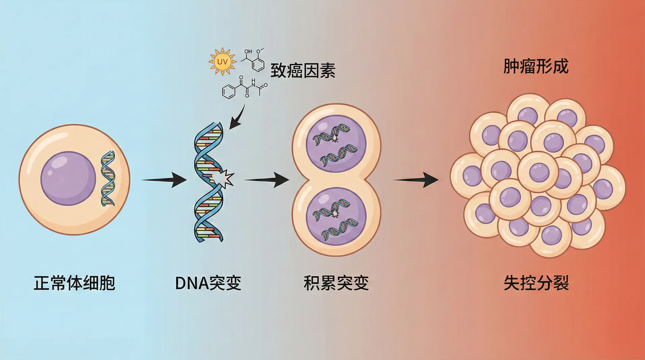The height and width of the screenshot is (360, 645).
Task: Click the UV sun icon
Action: click(222, 62)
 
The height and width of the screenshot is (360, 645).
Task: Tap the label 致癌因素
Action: click(303, 71)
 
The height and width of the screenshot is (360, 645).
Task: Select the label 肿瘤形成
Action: click(536, 66)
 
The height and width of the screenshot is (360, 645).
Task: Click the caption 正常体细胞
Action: click(74, 283)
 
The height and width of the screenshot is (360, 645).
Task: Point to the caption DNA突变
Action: click(208, 283)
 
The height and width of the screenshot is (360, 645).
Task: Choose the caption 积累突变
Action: click(336, 283)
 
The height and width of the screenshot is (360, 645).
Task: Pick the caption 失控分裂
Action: click(536, 283)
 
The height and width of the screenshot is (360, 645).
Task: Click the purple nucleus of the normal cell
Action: click(68, 178)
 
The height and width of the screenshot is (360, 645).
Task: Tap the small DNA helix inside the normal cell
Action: click(108, 178)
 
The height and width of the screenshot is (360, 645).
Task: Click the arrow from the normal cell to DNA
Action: click(164, 180)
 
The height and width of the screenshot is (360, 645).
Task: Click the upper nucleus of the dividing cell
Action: click(336, 144)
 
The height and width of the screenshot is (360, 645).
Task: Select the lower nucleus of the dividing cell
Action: click(336, 216)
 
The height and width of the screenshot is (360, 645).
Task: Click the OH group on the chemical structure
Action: click(248, 51)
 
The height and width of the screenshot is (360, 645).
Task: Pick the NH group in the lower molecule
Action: click(253, 83)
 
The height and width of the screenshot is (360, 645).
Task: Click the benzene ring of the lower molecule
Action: click(229, 91)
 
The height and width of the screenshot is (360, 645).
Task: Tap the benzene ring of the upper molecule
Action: click(258, 64)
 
